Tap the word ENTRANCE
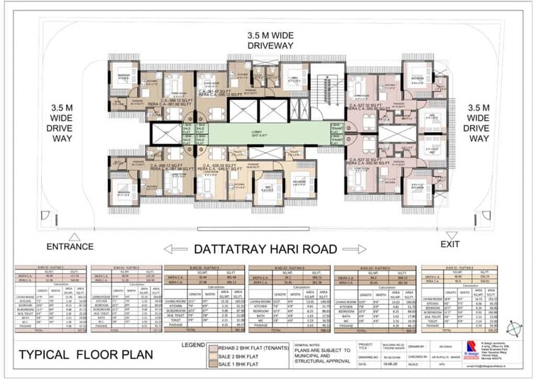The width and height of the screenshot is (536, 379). pos(69,247)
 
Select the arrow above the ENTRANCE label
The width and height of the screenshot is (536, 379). pos(72,236)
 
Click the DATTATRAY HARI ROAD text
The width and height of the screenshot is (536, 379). pos(266,249)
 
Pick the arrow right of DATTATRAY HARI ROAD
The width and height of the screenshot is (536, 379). pos(360,249)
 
